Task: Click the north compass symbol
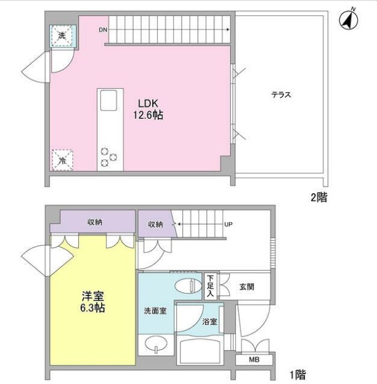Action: [x=349, y=20]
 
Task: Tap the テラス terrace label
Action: [x=280, y=95]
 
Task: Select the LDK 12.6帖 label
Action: [x=147, y=109]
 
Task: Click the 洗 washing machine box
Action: [x=62, y=36]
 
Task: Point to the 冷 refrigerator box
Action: [x=62, y=160]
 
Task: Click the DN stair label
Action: [x=102, y=30]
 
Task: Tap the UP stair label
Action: [x=228, y=224]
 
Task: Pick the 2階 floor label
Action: [x=318, y=198]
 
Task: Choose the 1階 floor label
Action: [x=296, y=374]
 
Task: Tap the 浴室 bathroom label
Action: [x=209, y=321]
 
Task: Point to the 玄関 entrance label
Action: [x=247, y=286]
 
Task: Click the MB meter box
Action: [x=253, y=361]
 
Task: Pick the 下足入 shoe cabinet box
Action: [x=211, y=286]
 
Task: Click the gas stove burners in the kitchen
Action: [x=110, y=156]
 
